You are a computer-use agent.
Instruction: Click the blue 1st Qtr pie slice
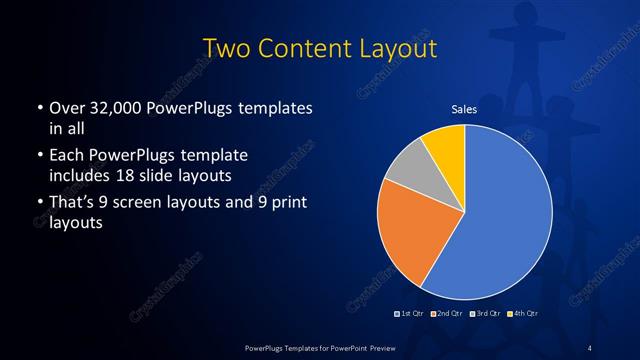click(x=500, y=220)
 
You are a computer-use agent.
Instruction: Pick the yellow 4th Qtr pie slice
click(x=446, y=147)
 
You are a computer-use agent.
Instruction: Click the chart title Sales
click(x=465, y=108)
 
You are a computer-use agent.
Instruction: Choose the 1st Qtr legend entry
click(x=409, y=314)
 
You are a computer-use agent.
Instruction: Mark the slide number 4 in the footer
click(x=590, y=346)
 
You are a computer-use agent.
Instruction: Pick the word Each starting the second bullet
click(x=65, y=156)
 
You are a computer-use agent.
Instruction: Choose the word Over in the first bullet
click(x=65, y=107)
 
